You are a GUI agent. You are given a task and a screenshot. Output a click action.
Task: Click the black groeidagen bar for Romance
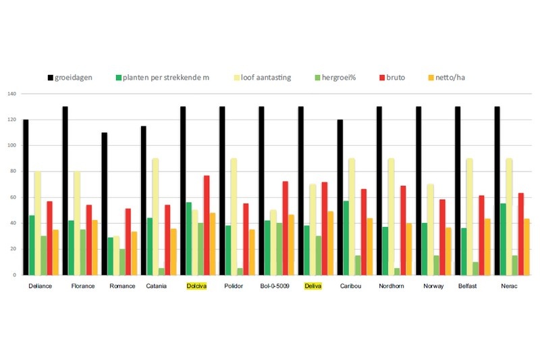pyautogui.click(x=105, y=203)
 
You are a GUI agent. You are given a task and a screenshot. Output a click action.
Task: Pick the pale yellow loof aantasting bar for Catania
pyautogui.click(x=155, y=216)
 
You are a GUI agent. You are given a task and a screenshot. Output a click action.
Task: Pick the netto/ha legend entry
pyautogui.click(x=445, y=78)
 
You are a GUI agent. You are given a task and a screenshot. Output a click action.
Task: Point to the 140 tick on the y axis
pyautogui.click(x=11, y=94)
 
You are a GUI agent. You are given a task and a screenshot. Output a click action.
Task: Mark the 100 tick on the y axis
pyautogui.click(x=11, y=146)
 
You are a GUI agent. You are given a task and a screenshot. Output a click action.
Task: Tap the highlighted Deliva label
pyautogui.click(x=313, y=286)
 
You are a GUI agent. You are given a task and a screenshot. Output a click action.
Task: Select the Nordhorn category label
pyautogui.click(x=392, y=286)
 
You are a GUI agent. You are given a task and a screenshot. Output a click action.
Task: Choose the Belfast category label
pyautogui.click(x=470, y=286)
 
